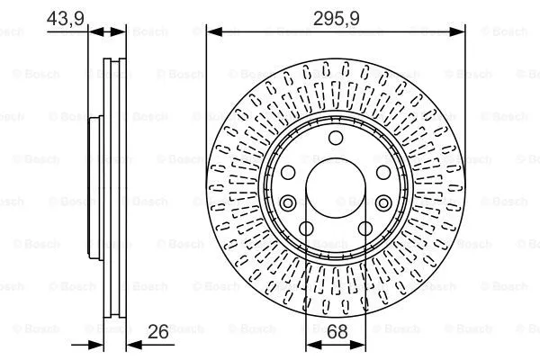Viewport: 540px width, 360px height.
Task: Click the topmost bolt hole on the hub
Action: (337, 137)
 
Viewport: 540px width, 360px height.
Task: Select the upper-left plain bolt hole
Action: (289, 173)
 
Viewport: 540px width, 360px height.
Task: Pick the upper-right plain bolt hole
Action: (383, 173)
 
